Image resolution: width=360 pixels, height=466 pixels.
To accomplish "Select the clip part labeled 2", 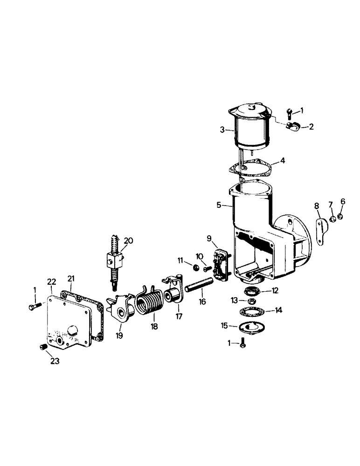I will [293, 124].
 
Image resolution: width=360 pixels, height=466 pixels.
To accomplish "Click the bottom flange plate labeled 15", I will [246, 328].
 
